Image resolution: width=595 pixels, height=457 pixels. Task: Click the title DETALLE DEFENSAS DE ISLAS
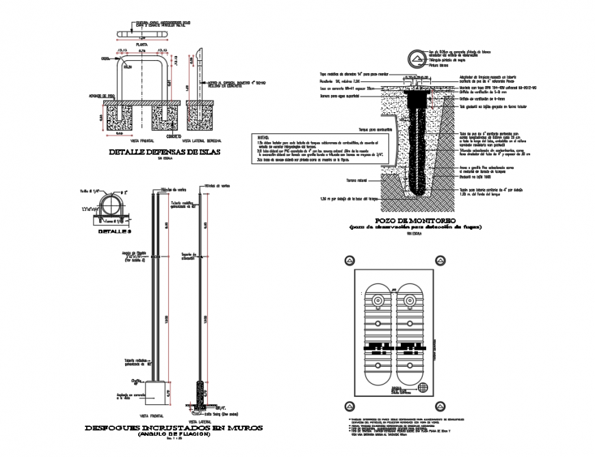[165, 152]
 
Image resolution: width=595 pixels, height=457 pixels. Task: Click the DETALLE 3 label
[114, 231]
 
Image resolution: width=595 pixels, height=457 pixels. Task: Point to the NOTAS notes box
[318, 148]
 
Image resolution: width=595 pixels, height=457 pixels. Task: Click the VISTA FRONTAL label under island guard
[136, 138]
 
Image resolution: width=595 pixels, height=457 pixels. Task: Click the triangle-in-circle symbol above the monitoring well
[412, 59]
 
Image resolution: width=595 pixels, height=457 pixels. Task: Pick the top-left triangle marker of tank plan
[349, 259]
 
